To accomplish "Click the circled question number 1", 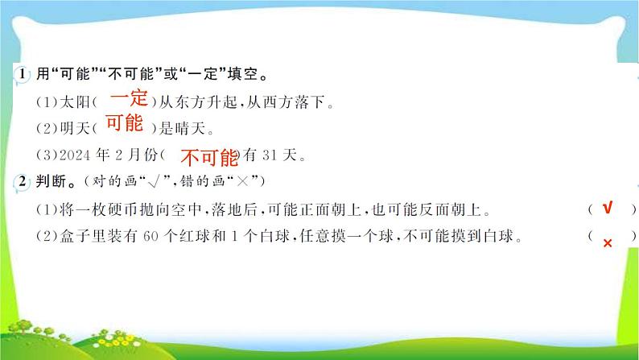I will click(23, 73).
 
